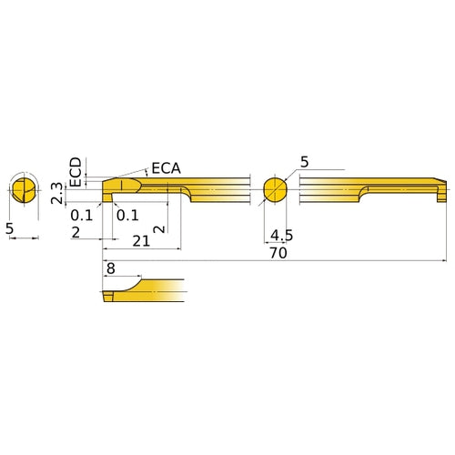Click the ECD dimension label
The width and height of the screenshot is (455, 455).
click(x=76, y=170)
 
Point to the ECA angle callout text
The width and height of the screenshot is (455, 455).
click(x=166, y=168)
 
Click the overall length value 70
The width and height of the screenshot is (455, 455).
click(x=278, y=254)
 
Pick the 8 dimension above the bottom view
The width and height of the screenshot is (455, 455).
click(x=110, y=269)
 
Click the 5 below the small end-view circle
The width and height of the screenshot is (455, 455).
click(x=10, y=230)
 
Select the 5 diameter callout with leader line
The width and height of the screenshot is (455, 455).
click(x=304, y=162)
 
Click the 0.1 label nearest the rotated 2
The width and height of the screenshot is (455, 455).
click(x=126, y=215)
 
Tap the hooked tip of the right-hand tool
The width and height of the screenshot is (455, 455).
click(x=442, y=192)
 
